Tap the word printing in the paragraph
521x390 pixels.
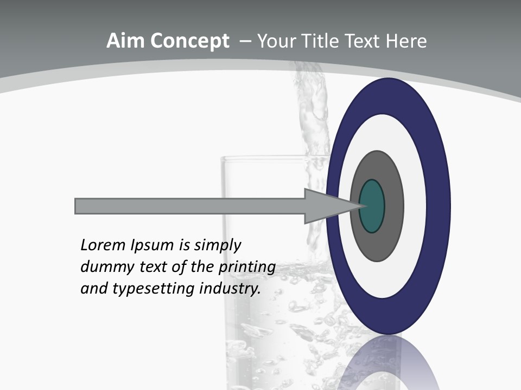246,268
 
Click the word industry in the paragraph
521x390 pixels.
230,289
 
